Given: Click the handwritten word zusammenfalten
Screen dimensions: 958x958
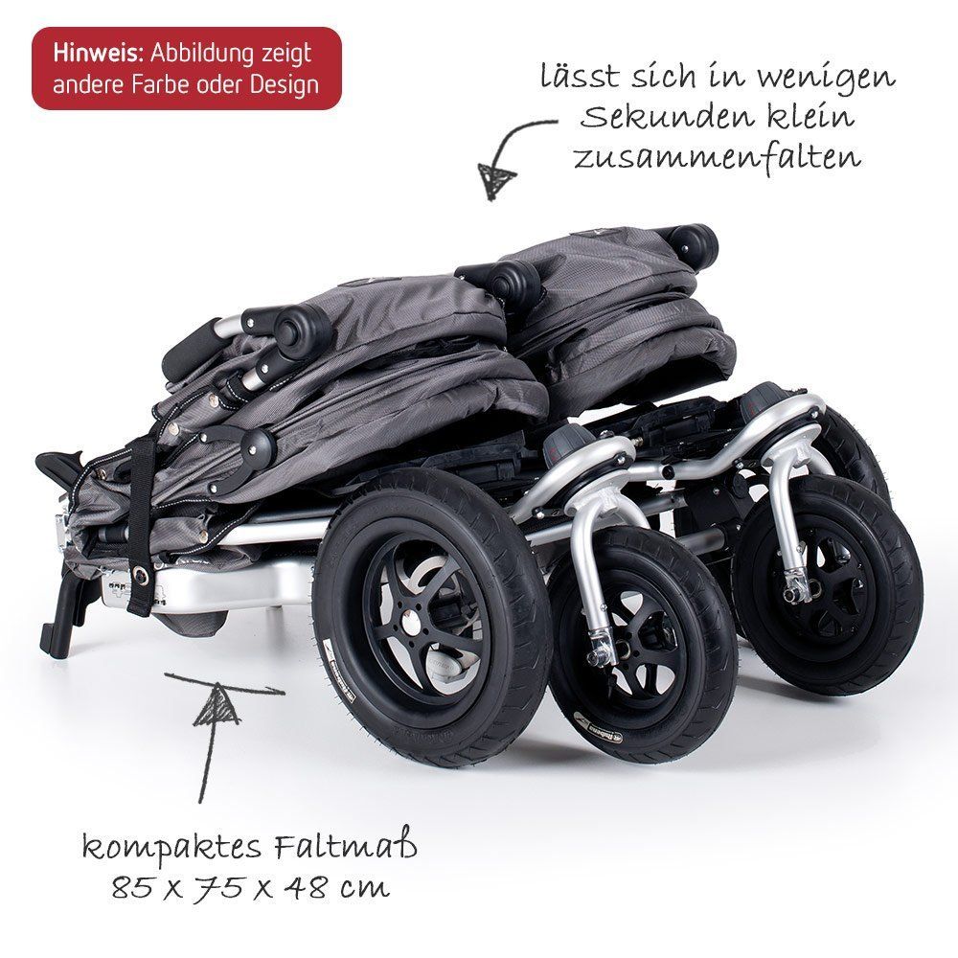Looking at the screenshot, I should tap(717, 156).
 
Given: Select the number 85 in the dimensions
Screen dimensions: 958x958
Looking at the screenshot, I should tap(126, 888).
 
